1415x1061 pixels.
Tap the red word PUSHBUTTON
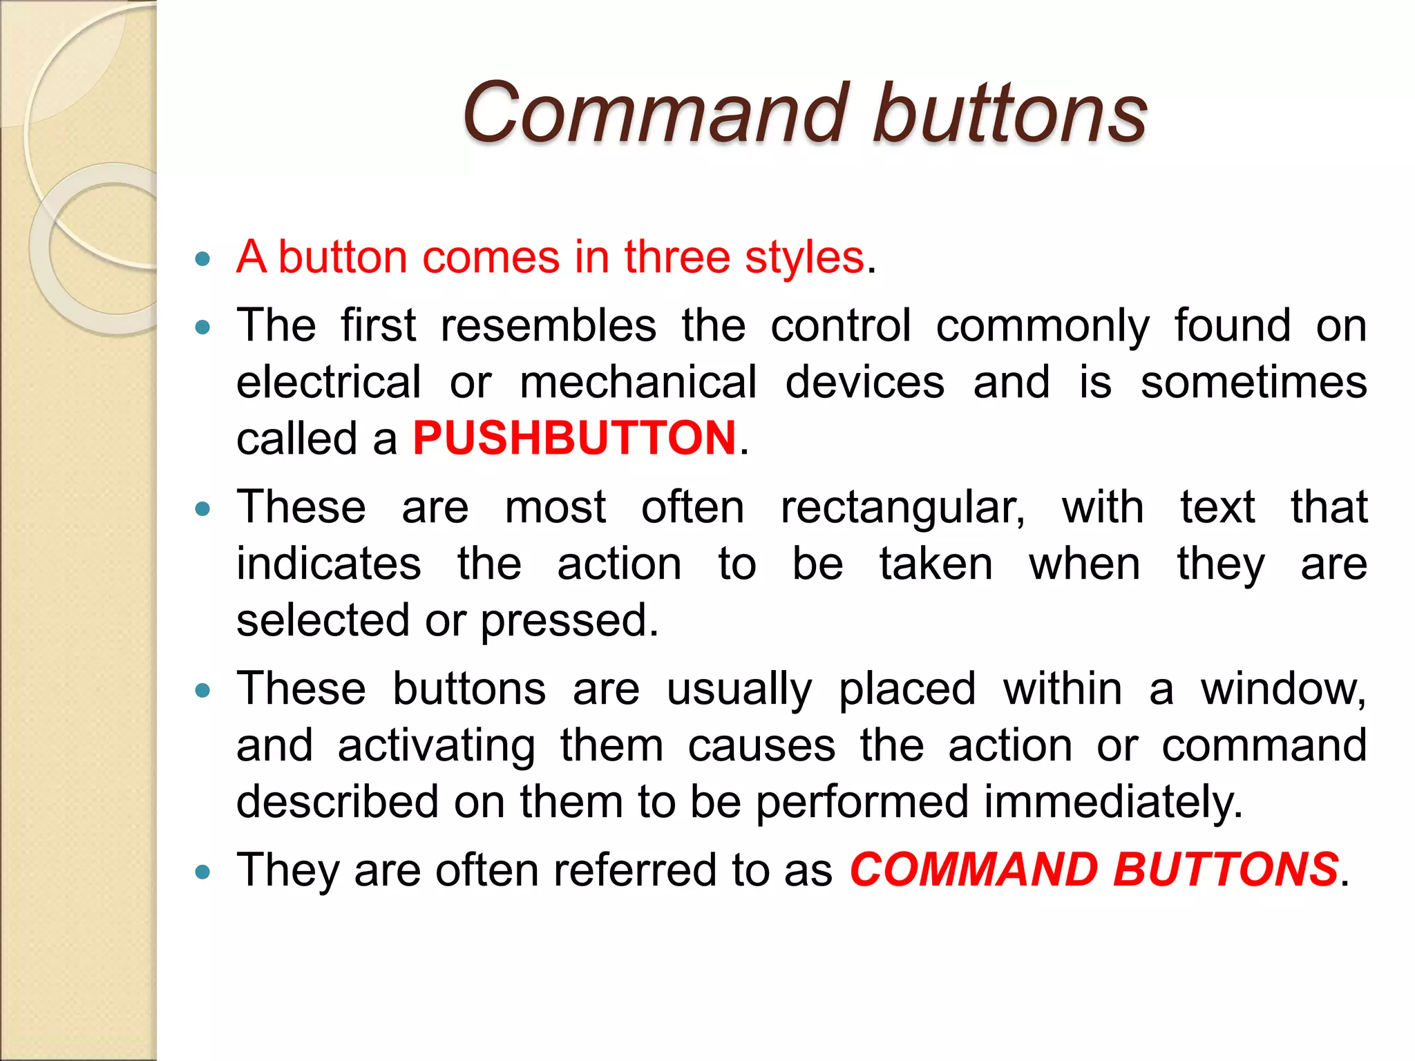point(574,438)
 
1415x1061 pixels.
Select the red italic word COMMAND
point(974,869)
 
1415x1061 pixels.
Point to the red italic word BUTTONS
point(1226,869)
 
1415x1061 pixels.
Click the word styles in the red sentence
point(804,258)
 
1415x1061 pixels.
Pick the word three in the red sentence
point(676,258)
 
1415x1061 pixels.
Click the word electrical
point(329,382)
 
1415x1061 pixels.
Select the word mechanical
point(638,382)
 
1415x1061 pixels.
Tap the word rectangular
point(902,508)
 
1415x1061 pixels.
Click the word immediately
point(1112,802)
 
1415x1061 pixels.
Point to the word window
point(1282,689)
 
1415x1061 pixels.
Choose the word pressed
point(569,620)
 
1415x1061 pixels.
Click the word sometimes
point(1253,382)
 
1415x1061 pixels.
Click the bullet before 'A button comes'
point(202,260)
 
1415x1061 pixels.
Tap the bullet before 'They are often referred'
point(202,872)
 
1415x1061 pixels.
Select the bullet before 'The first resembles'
point(202,327)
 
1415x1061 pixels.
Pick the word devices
point(864,382)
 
